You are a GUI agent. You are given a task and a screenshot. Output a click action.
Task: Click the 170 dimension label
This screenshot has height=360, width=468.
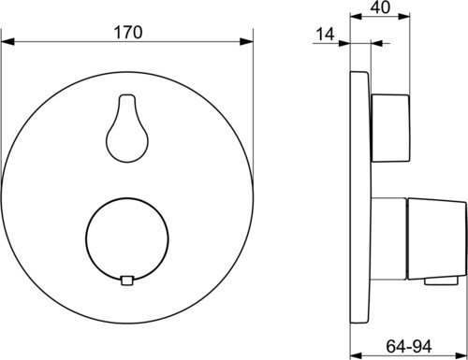click(x=128, y=33)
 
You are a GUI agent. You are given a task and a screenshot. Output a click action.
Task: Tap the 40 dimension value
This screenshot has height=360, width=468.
click(x=380, y=7)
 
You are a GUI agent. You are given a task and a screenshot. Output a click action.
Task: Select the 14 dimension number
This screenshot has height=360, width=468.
click(x=325, y=34)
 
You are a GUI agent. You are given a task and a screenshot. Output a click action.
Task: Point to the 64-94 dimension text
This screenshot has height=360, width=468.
click(x=409, y=346)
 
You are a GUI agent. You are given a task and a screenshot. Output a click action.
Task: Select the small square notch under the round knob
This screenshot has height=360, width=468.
click(x=127, y=281)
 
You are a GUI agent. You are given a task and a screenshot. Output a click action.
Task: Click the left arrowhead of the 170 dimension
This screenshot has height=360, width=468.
click(x=7, y=41)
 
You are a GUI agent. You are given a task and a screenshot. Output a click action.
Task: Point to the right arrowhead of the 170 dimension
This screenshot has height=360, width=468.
click(x=246, y=41)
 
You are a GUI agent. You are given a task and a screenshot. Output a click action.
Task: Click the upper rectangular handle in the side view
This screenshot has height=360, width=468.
click(x=390, y=128)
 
